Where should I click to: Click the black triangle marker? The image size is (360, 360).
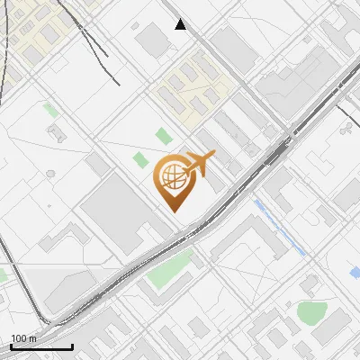point(181,24)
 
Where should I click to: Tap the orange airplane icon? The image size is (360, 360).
point(197,164)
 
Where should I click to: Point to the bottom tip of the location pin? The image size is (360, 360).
point(172,211)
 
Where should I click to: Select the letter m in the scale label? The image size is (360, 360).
point(32,338)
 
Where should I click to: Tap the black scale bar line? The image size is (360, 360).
point(40,346)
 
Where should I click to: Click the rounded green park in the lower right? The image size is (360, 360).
point(310,312)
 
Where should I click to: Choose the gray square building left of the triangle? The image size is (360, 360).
point(154,39)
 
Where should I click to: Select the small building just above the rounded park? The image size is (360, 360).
point(310,286)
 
